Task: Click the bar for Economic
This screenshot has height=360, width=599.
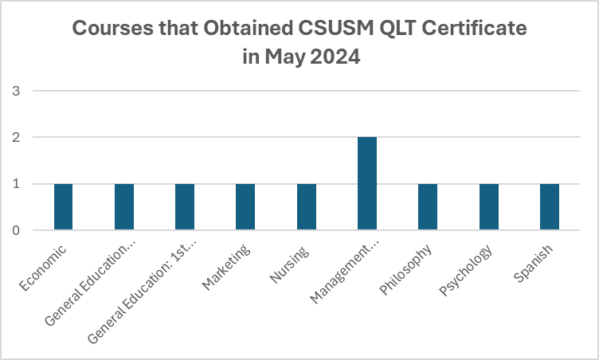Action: click(x=63, y=207)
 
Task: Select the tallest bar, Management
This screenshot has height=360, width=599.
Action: click(x=367, y=184)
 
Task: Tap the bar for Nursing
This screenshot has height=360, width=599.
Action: click(x=306, y=207)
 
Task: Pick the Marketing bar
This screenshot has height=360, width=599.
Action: click(x=245, y=207)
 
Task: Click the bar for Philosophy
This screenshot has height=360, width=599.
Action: click(x=428, y=207)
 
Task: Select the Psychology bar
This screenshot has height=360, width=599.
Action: click(x=488, y=207)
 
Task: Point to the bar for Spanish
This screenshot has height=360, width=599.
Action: click(x=550, y=207)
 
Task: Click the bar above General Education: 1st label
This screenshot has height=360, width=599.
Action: click(x=185, y=207)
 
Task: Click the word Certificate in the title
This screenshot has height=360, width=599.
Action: click(x=470, y=30)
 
